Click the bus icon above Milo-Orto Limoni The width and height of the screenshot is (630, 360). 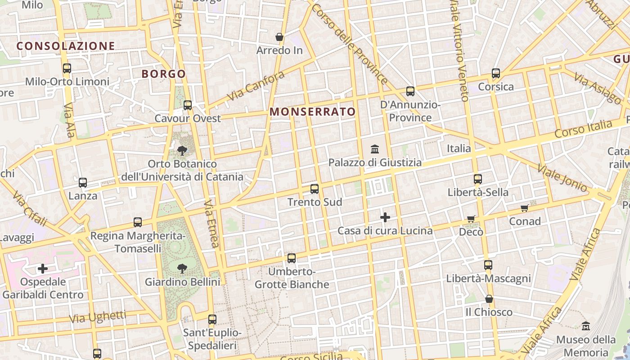[67, 68]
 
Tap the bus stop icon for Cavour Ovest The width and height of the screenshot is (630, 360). [188, 105]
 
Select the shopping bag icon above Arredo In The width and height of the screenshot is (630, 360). [279, 37]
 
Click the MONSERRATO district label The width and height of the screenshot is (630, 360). [312, 112]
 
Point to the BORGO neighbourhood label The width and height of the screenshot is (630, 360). [164, 74]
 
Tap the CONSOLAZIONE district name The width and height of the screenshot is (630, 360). [66, 46]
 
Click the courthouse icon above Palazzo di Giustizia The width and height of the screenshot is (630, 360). [374, 149]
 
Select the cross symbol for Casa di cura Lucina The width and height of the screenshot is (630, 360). [385, 218]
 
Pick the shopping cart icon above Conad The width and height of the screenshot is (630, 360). [525, 208]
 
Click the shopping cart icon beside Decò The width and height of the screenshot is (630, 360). [471, 219]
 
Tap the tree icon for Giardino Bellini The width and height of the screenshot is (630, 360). [182, 269]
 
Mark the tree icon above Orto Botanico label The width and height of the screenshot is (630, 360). [182, 151]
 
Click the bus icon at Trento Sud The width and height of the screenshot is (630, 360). [315, 189]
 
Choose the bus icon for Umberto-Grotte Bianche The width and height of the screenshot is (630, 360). [292, 258]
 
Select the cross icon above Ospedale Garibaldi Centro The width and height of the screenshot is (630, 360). [43, 269]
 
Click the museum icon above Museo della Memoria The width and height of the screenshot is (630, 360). [586, 326]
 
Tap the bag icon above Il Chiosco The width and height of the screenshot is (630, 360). [489, 299]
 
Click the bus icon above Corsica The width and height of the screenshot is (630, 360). [496, 73]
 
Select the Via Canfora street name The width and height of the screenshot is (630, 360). [256, 86]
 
